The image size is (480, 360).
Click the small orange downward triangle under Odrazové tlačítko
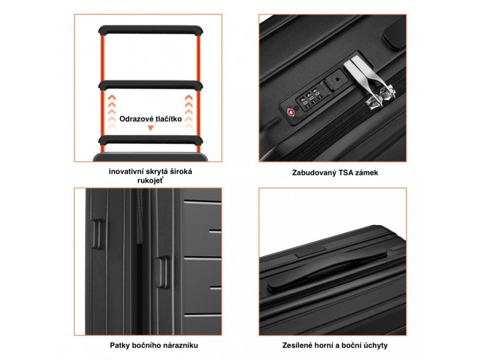coord(150,128)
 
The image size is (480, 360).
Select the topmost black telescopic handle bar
coord(150,30)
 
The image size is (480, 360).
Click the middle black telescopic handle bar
coord(150,84)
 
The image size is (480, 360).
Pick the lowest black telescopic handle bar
coord(150,140)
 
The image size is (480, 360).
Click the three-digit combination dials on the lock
coord(310,99)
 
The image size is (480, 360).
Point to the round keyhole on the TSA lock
coord(337,79)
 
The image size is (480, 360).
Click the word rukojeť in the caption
coord(150,180)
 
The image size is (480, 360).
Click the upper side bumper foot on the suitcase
coord(97,234)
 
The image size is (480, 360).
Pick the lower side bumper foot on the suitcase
coord(162,272)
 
